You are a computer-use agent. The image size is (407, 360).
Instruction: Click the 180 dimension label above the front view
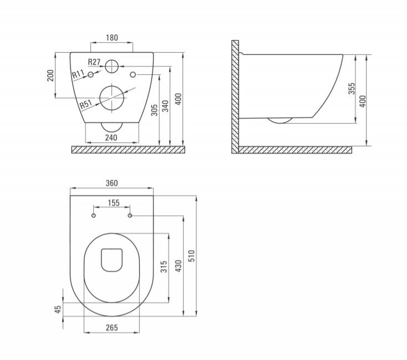[111, 38]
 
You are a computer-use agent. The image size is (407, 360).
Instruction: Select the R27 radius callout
[94, 62]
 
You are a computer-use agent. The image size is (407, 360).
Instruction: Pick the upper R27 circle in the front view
[113, 66]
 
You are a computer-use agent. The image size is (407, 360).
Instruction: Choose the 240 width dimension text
[111, 136]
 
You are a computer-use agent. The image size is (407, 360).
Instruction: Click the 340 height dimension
[165, 107]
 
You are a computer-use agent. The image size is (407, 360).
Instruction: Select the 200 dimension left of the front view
[50, 75]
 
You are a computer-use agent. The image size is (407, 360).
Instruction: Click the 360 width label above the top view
[112, 183]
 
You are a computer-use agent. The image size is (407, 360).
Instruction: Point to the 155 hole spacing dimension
[113, 203]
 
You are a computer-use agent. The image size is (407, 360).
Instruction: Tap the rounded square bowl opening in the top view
[111, 260]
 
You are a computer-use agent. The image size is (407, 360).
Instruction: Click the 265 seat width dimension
[111, 327]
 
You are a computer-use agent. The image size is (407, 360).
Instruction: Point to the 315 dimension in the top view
[164, 268]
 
